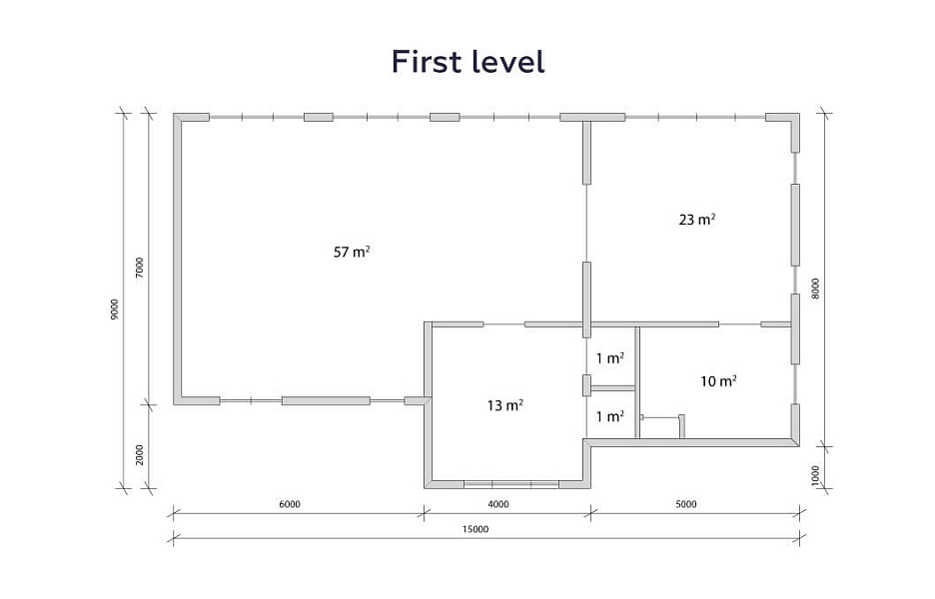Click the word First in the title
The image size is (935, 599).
[427, 61]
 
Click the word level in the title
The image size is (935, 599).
[508, 61]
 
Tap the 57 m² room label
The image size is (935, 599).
[352, 252]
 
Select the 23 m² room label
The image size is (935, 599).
[697, 220]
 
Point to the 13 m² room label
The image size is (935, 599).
[505, 405]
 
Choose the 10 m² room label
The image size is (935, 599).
[718, 380]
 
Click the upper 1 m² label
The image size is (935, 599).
[610, 358]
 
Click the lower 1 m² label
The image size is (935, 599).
[610, 416]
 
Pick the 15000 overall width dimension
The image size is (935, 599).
[475, 529]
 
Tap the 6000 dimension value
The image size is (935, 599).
[290, 504]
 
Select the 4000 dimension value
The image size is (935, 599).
[498, 504]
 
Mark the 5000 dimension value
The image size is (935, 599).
[685, 504]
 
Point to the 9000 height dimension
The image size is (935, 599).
[115, 309]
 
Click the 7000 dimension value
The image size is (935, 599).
[140, 269]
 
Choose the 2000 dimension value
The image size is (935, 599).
[140, 455]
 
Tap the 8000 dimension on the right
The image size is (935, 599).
[816, 289]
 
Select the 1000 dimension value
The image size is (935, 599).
[816, 475]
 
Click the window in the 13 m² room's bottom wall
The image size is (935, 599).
[511, 483]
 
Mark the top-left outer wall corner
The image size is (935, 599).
[174, 114]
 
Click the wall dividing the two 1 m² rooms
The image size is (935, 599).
[612, 388]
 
